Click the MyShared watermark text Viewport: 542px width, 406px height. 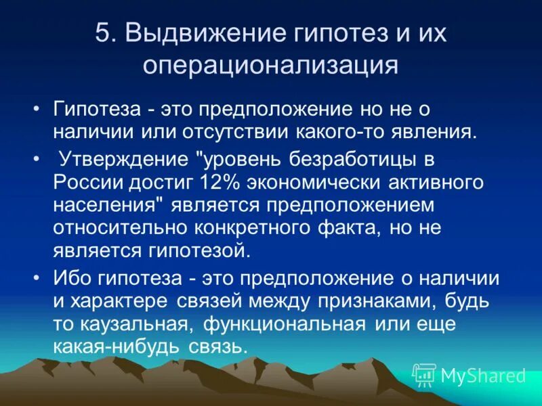coord(482,375)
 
